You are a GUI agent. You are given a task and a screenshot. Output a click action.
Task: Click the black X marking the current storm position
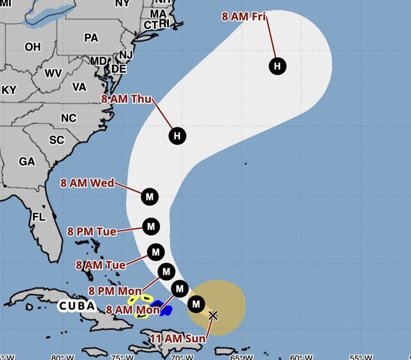click(x=213, y=315)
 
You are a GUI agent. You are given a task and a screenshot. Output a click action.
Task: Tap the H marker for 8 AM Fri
click(x=277, y=66)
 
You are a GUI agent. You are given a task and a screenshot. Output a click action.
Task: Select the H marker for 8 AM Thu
click(x=178, y=136)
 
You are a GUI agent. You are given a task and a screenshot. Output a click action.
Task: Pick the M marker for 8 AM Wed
click(x=150, y=196)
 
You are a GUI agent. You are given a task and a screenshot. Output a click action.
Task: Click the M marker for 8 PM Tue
click(x=151, y=226)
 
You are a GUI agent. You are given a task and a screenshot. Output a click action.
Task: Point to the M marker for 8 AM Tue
click(x=155, y=251)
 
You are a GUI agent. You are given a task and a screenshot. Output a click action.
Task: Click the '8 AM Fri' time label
click(x=243, y=17)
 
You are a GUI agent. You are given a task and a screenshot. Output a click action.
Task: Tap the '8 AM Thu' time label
click(x=127, y=99)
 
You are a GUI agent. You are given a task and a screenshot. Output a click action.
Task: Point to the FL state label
click(x=39, y=217)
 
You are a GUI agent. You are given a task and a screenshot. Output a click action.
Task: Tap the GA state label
click(x=27, y=162)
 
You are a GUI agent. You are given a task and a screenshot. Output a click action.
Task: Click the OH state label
click(x=32, y=47)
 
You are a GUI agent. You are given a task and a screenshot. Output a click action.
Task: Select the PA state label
click(x=91, y=38)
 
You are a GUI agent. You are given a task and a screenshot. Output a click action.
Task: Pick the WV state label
click(x=53, y=73)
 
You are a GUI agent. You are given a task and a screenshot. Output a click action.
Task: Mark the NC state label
click(x=68, y=118)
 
